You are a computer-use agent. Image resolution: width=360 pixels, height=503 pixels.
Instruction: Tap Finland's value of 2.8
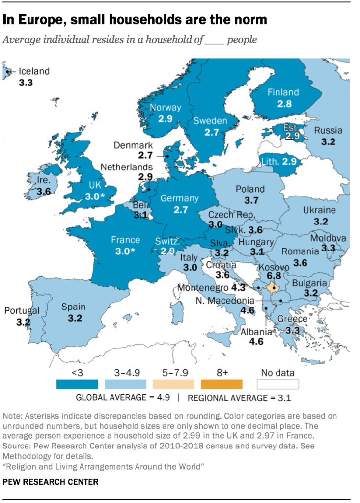pyautogui.click(x=284, y=104)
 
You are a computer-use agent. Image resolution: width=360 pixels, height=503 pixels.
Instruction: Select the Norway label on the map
pyautogui.click(x=166, y=108)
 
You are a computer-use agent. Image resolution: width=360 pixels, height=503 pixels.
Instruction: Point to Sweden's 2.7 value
pyautogui.click(x=211, y=133)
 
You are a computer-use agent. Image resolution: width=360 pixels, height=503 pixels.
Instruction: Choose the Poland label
pyautogui.click(x=250, y=189)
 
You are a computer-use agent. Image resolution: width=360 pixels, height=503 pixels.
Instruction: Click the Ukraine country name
pyautogui.click(x=319, y=210)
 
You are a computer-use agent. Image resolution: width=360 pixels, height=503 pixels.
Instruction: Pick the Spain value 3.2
pyautogui.click(x=74, y=318)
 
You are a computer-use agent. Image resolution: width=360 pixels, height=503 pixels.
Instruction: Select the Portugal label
pyautogui.click(x=22, y=311)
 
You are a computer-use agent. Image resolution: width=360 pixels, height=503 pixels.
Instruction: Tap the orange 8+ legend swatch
pyautogui.click(x=222, y=384)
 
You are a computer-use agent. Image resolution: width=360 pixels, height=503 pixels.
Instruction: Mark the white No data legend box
pyautogui.click(x=277, y=384)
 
